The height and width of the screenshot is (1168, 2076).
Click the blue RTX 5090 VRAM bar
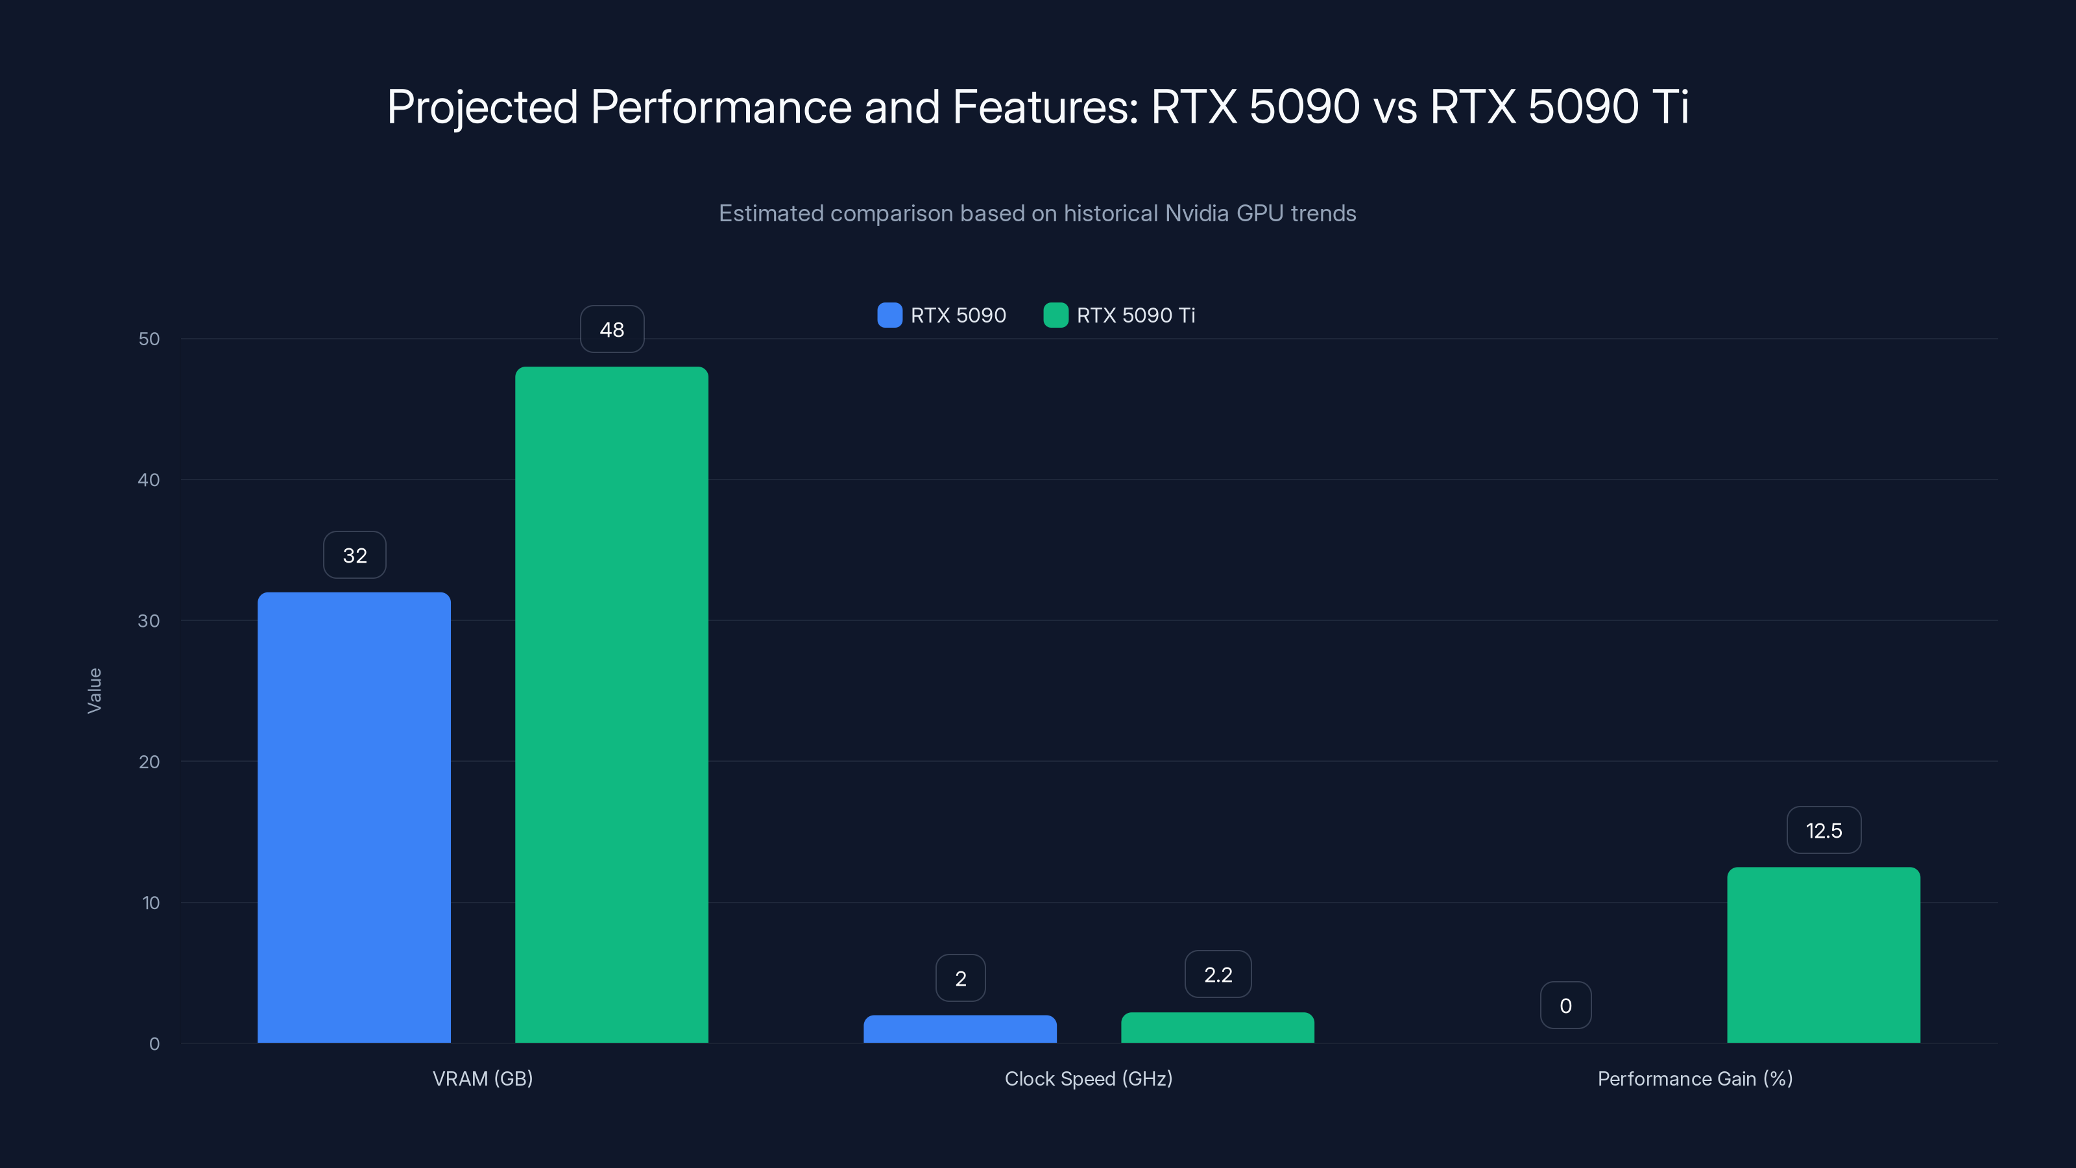click(x=354, y=818)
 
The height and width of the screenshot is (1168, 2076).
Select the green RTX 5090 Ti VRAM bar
click(x=612, y=705)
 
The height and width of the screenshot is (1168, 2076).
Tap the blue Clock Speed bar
click(x=960, y=1029)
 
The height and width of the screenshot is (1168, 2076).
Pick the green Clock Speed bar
click(x=1217, y=1028)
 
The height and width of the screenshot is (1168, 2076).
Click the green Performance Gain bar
click(x=1823, y=955)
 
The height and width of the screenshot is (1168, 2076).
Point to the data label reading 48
click(x=612, y=330)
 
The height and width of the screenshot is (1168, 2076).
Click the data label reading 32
click(x=355, y=555)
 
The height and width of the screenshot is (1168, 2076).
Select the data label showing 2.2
click(x=1218, y=975)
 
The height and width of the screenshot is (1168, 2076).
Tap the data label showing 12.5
click(x=1823, y=831)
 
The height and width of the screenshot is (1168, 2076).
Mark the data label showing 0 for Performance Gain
click(x=1565, y=1005)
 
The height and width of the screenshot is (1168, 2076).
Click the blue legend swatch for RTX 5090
click(x=889, y=315)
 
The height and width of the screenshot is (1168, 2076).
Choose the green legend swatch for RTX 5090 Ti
click(x=1055, y=315)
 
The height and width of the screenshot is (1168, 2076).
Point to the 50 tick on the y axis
click(x=149, y=339)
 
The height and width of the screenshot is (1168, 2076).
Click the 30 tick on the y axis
click(x=149, y=621)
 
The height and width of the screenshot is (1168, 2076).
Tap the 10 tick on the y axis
click(x=151, y=903)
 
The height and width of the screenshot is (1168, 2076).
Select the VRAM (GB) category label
click(x=483, y=1078)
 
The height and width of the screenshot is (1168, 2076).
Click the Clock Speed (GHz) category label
click(x=1088, y=1078)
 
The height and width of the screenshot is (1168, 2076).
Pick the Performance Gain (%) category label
click(x=1695, y=1078)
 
